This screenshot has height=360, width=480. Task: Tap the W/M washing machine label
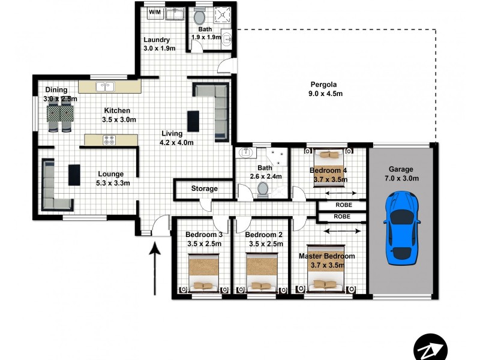(155, 11)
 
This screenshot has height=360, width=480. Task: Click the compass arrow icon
(431, 347)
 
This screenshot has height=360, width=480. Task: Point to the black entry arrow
(155, 268)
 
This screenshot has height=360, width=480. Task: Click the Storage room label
(204, 189)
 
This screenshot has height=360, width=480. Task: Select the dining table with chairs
(61, 115)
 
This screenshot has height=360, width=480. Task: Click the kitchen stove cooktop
(110, 140)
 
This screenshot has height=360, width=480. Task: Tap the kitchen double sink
(106, 86)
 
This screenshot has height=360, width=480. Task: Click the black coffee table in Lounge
(74, 175)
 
